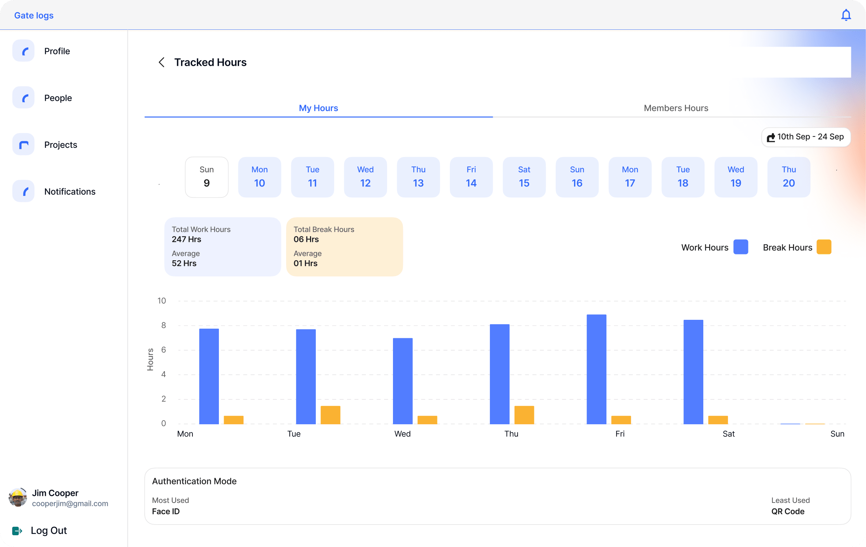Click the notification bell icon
click(x=846, y=15)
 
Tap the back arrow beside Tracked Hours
click(x=161, y=62)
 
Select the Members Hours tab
click(x=675, y=108)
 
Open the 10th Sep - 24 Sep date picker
click(x=806, y=137)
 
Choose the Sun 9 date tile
click(x=206, y=177)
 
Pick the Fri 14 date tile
click(x=471, y=177)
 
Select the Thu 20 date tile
click(x=788, y=177)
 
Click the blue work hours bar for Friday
click(x=596, y=369)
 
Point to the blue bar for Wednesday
click(x=403, y=381)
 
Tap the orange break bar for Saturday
click(x=718, y=420)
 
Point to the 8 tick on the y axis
click(x=163, y=325)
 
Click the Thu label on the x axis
click(x=511, y=434)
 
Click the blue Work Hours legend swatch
click(x=740, y=247)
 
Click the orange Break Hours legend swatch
click(x=823, y=247)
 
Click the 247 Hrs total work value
click(x=187, y=239)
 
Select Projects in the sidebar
click(x=60, y=145)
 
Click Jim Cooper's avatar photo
click(x=18, y=497)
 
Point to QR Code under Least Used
click(x=787, y=511)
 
